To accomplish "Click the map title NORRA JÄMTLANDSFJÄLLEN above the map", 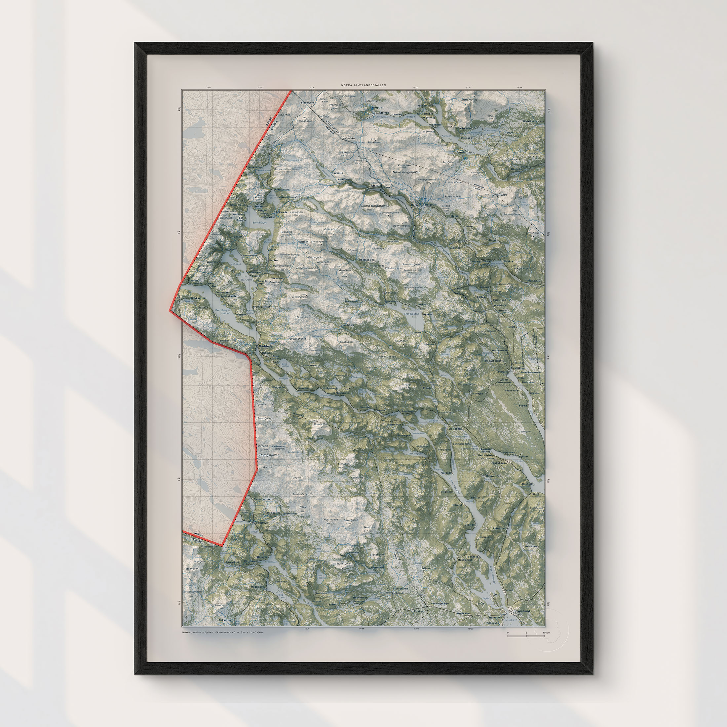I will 363,85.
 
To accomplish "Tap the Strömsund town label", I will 521,611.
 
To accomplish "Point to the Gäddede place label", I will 266,346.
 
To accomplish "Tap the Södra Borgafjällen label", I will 375,206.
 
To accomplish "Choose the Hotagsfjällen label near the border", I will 269,455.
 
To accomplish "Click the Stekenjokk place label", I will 307,102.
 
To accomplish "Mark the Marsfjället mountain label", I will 469,100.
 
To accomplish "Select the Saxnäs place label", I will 461,152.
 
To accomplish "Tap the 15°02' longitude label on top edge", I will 416,87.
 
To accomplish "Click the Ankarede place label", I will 282,212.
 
